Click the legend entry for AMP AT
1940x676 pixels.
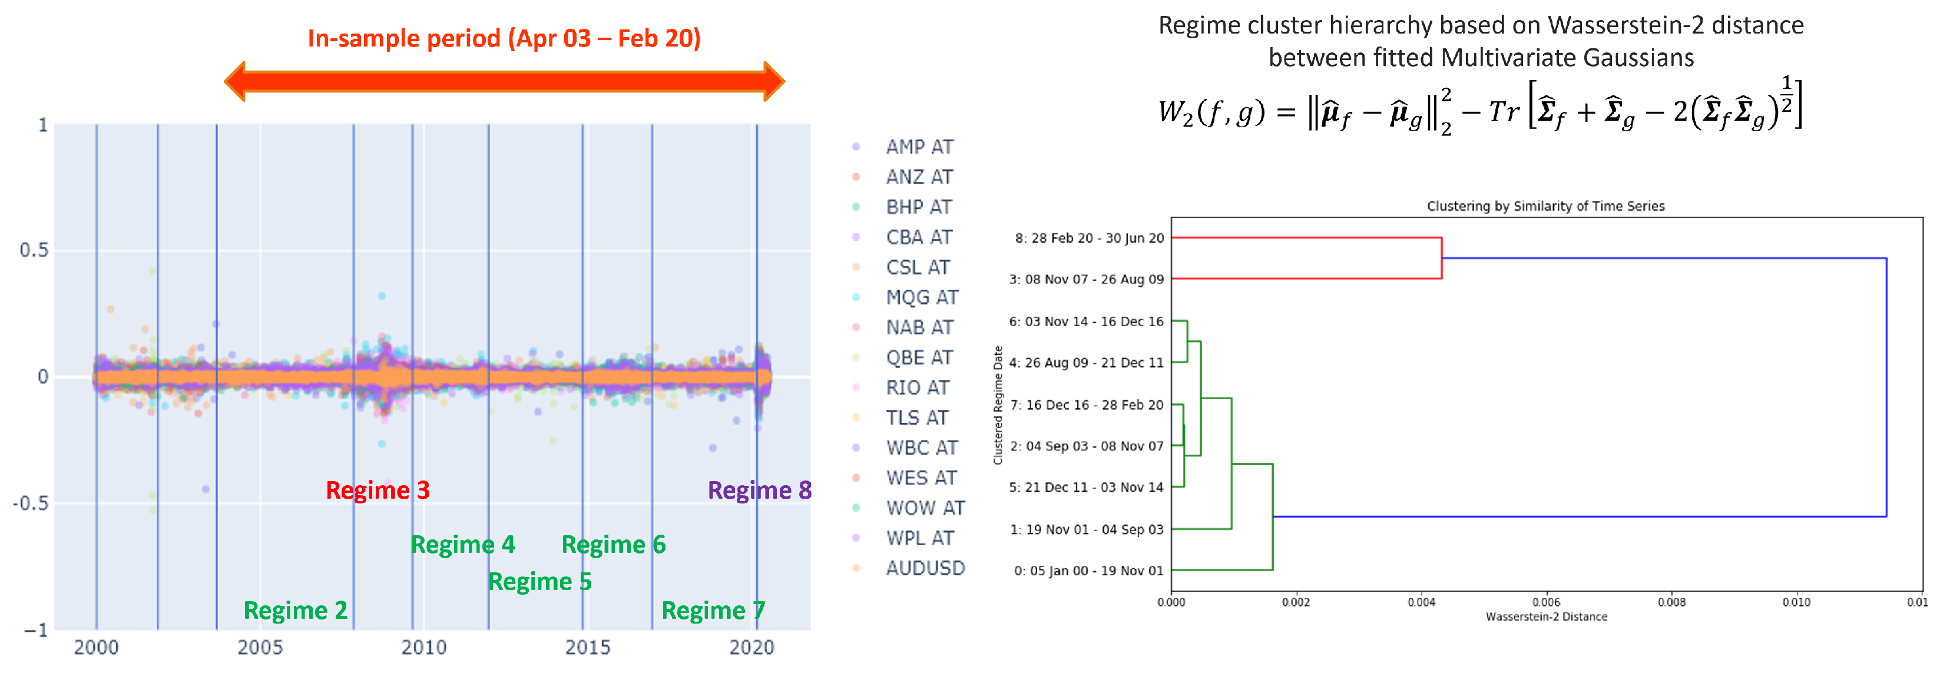coord(919,147)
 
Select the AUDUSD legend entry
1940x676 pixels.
coord(925,568)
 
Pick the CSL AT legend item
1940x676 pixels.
coord(917,267)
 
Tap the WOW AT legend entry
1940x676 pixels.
coord(925,508)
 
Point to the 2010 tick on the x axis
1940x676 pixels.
coord(423,647)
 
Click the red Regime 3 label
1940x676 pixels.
coord(378,490)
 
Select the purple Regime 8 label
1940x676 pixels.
coord(759,490)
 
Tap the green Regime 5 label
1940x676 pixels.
coord(539,582)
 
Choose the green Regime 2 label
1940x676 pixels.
coord(295,611)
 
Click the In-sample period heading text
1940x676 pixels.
coord(504,38)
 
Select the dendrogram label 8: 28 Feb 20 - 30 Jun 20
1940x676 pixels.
coord(1089,238)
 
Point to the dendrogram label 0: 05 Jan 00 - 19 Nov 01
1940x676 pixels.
coord(1088,571)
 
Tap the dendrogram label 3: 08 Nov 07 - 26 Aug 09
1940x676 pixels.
coord(1086,279)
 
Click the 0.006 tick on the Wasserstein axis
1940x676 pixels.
coord(1545,602)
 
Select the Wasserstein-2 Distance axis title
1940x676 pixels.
coord(1546,617)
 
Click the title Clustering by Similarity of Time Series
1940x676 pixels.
coord(1545,206)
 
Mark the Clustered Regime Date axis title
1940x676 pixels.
coord(998,405)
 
